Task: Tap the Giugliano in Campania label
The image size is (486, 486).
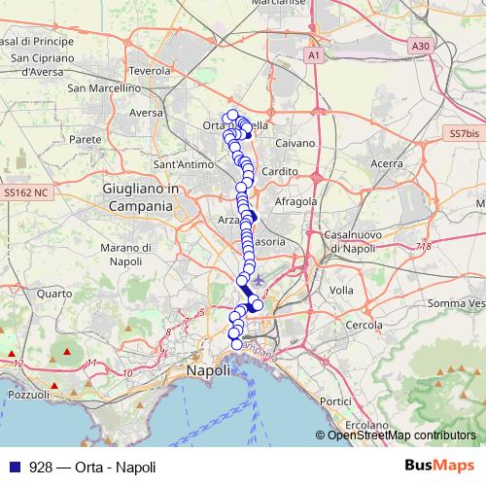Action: click(138, 197)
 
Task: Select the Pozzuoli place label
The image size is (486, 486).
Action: click(27, 395)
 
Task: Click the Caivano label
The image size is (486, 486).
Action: click(295, 143)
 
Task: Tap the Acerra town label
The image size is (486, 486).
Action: click(386, 163)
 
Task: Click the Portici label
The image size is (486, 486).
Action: click(335, 400)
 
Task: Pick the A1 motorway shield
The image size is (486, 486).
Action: click(314, 56)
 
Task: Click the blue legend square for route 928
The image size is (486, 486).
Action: click(11, 468)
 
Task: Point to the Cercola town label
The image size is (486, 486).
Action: click(364, 324)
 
